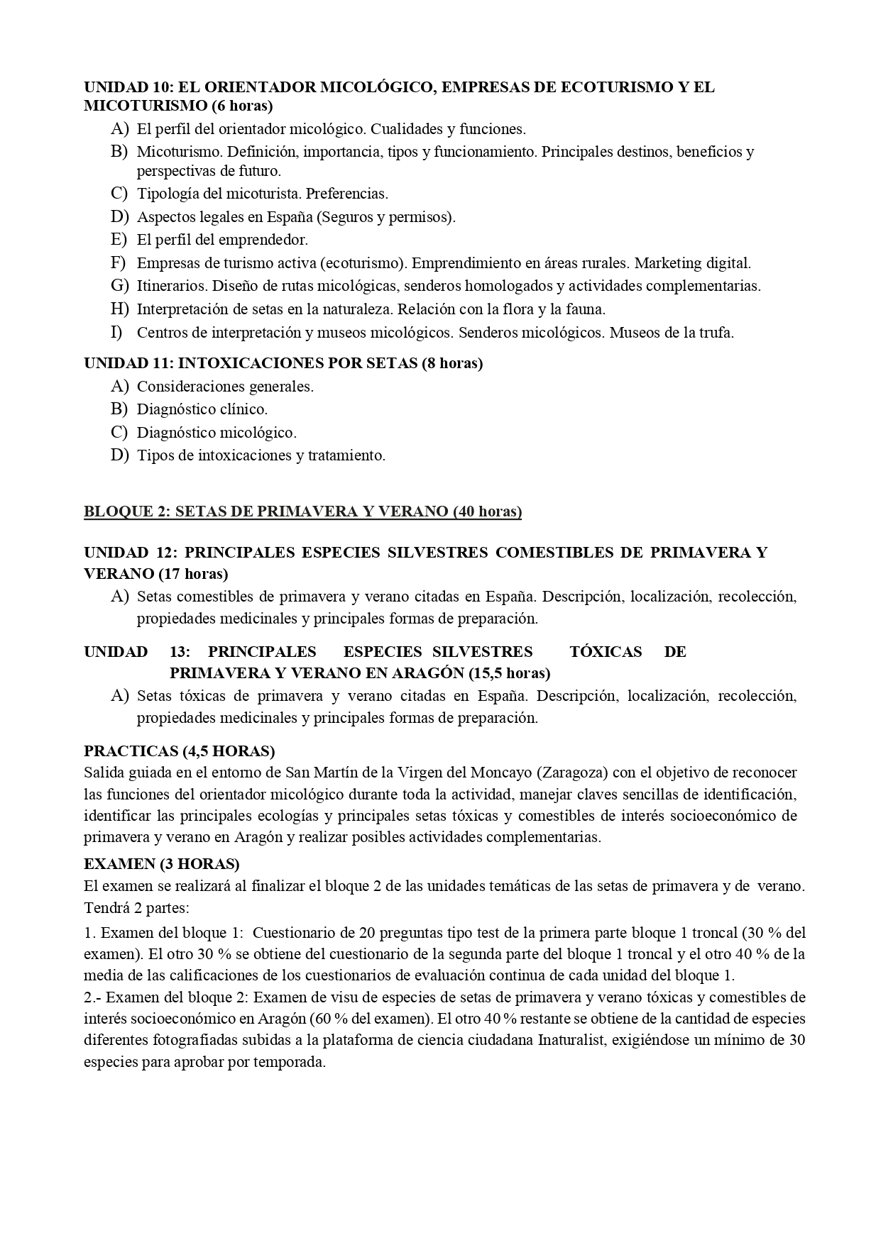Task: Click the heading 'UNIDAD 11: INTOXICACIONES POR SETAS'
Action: (x=283, y=363)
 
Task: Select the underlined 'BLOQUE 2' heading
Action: (x=302, y=511)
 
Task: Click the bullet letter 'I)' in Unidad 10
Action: (x=116, y=332)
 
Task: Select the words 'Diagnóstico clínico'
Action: (x=202, y=409)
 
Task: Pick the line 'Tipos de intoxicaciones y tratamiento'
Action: (x=261, y=455)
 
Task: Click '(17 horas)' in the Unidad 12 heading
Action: (x=193, y=573)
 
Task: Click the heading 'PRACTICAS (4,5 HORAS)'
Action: (x=179, y=751)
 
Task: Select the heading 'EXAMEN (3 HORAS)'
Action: (x=161, y=864)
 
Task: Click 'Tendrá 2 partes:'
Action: (x=136, y=908)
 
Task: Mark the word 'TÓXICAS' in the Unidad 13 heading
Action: (x=606, y=652)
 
